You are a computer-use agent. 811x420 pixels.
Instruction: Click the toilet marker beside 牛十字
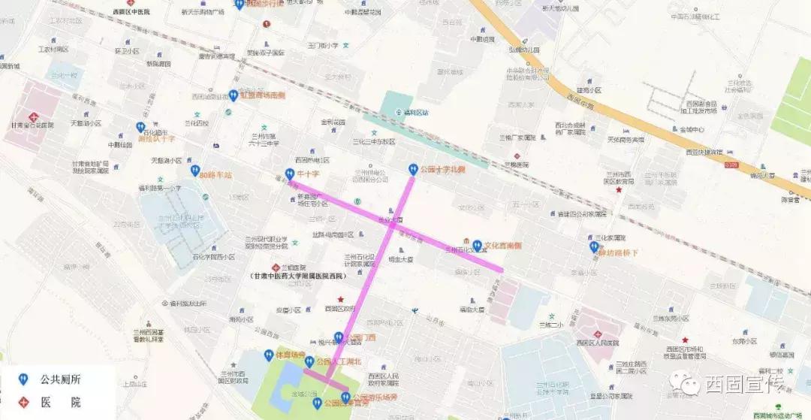pos(290,174)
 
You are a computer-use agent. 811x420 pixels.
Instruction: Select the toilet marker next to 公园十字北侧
pos(412,169)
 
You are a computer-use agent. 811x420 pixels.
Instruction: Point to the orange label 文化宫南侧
pos(502,245)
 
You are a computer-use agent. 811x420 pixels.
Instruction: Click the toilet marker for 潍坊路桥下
pos(594,246)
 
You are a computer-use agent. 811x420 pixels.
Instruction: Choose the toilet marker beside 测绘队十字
pos(140,128)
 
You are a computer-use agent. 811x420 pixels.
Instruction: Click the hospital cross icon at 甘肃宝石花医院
pos(34,116)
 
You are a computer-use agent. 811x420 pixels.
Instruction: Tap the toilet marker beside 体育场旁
pos(268,355)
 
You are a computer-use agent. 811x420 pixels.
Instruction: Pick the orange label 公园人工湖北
pos(339,361)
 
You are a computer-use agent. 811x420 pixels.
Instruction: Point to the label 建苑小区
pos(589,89)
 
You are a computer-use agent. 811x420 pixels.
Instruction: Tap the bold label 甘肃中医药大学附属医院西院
pos(299,276)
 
